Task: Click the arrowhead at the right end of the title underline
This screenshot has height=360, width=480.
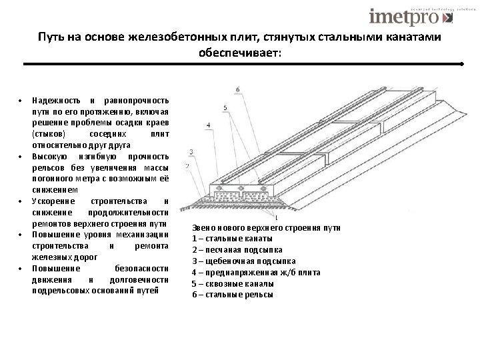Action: pos(461,64)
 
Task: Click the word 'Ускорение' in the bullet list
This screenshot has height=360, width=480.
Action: pos(51,201)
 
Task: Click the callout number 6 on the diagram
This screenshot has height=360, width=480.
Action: pos(238,90)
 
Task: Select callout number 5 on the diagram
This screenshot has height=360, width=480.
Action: pos(225,107)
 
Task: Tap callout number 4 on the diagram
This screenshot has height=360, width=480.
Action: pos(208,125)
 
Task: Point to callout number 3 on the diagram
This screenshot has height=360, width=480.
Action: pos(191,152)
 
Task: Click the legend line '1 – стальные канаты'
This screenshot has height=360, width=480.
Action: pos(232,239)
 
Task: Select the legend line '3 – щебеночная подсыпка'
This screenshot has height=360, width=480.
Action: pos(244,261)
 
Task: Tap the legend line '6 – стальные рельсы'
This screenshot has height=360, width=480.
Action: pos(232,295)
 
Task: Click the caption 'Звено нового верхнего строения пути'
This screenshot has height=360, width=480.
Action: pos(266,227)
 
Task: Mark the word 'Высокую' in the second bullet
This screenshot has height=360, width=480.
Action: pos(49,157)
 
